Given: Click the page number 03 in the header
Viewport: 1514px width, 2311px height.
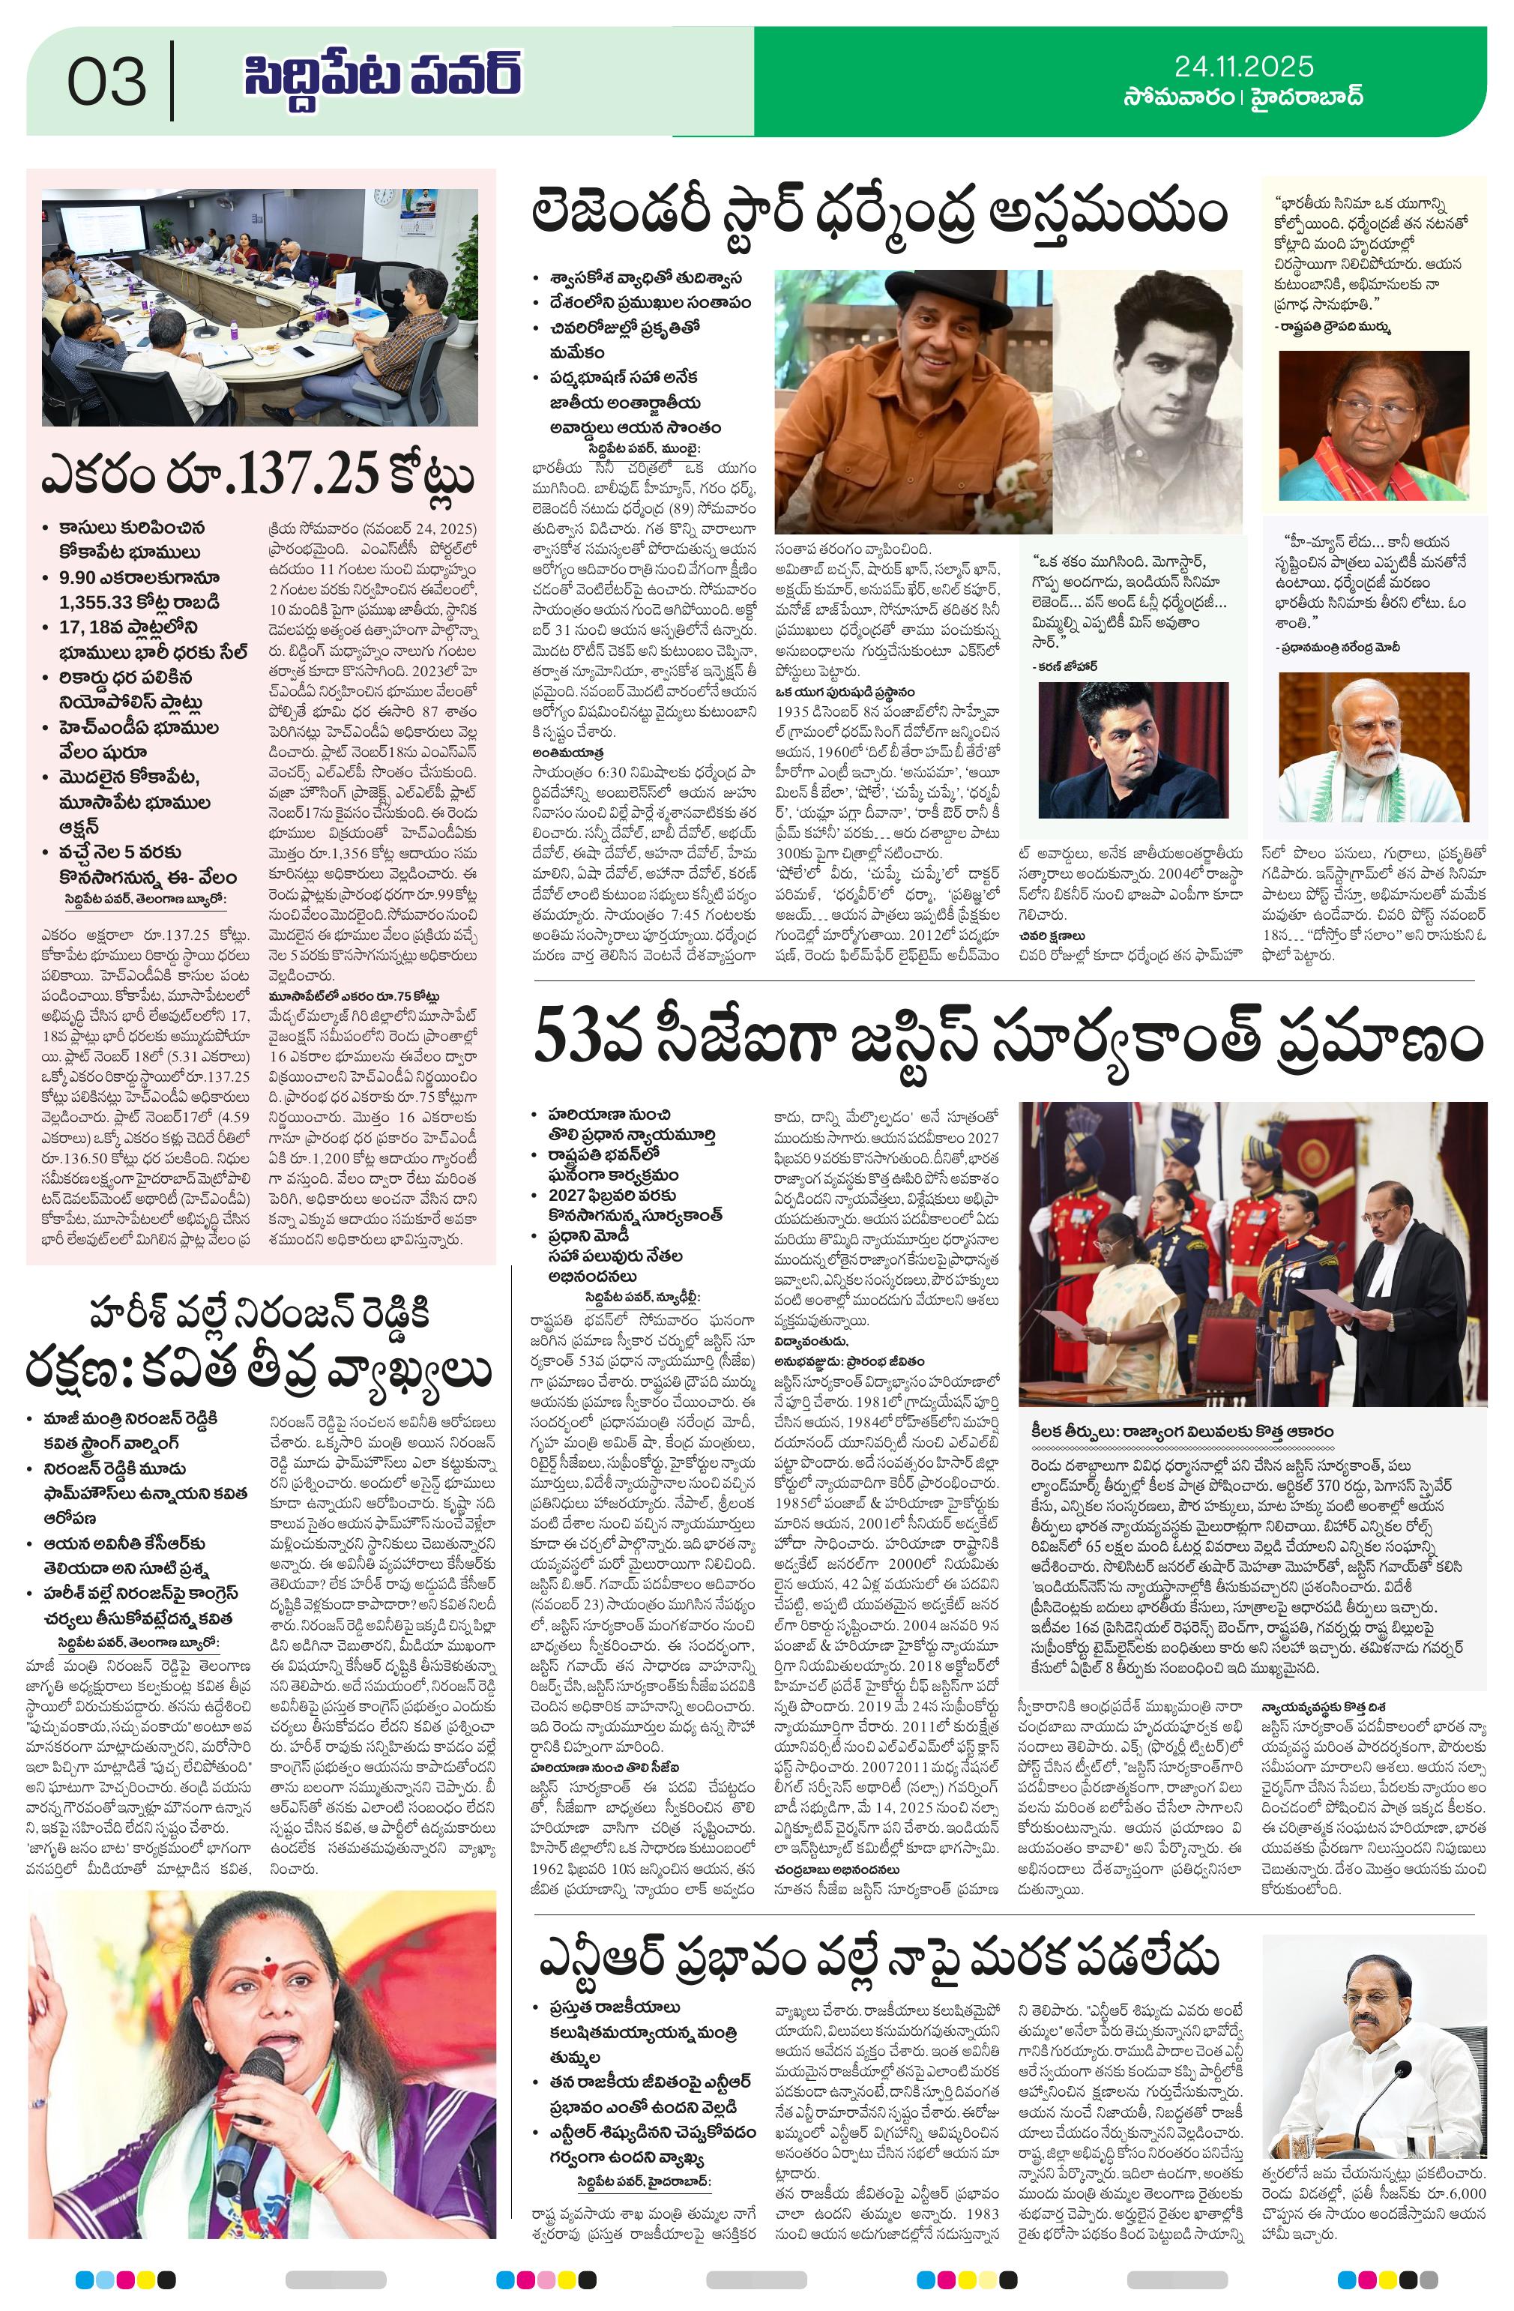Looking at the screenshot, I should tap(107, 82).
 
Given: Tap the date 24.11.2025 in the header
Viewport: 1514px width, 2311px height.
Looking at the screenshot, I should tap(1243, 66).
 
